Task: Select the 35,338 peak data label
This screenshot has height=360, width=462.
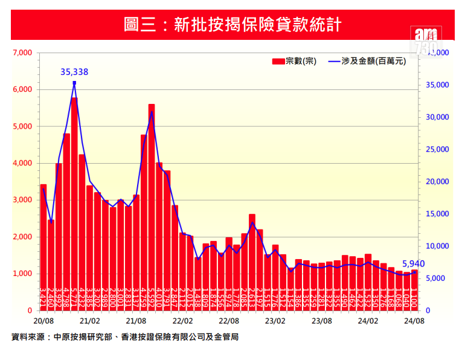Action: click(x=74, y=72)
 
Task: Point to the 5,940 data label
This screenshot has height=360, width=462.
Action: click(x=413, y=264)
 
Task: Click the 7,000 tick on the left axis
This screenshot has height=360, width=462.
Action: click(x=22, y=53)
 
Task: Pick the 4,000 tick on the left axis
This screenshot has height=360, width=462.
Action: click(x=22, y=163)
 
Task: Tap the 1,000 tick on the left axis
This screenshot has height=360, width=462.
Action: click(x=22, y=274)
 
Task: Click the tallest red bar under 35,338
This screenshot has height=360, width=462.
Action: click(x=74, y=205)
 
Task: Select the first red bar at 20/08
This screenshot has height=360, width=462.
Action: click(x=43, y=248)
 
